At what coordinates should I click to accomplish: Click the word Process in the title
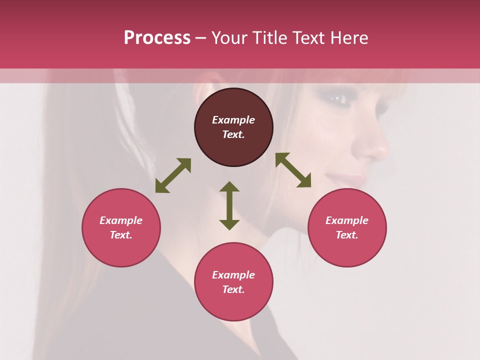pos(157,38)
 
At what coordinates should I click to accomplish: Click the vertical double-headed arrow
pos(229,205)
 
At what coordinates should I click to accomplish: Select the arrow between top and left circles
pos(173,175)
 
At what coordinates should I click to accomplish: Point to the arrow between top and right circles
pos(293,170)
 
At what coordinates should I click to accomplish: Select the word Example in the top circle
pos(233,120)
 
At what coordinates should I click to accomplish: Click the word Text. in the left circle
pos(121,235)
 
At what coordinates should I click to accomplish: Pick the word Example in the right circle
pos(347,220)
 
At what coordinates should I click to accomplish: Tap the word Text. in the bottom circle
pos(233,289)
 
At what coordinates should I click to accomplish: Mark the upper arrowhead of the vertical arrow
pos(229,187)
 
